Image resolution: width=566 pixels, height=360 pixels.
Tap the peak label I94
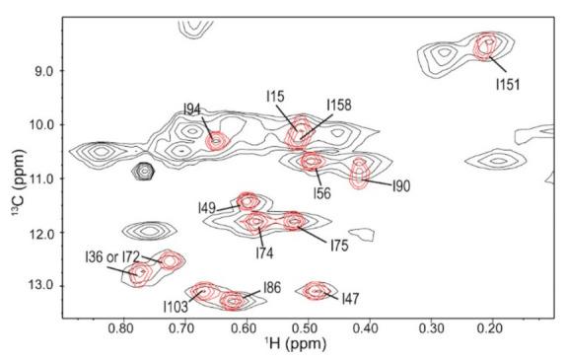pos(192,109)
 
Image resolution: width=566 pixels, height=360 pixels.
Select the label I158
pos(339,105)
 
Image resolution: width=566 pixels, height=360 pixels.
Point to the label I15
pos(275,96)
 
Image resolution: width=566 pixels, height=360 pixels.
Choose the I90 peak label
pos(401,185)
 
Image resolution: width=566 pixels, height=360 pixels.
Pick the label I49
pos(206,208)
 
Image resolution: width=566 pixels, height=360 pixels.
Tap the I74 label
pos(264,252)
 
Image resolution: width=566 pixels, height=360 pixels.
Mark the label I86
pos(271,288)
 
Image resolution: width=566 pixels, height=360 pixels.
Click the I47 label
pos(350,297)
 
